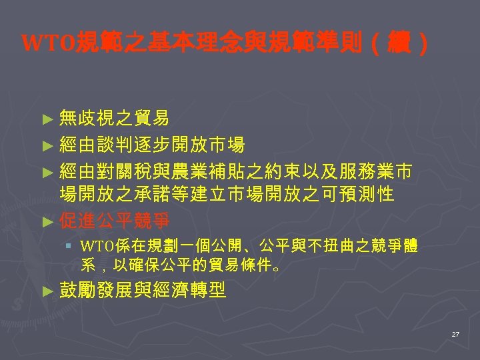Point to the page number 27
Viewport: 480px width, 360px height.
click(x=455, y=333)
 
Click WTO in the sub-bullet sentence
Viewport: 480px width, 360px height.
click(x=96, y=246)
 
